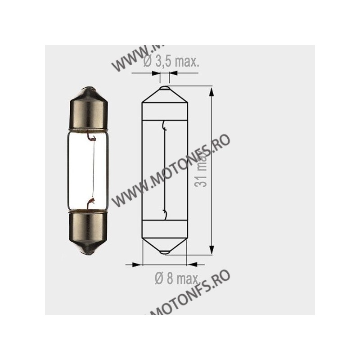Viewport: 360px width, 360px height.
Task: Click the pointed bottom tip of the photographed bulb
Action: click(89, 252)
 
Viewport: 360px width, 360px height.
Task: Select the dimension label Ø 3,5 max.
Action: click(171, 63)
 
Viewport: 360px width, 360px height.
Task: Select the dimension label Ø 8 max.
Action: click(173, 280)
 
